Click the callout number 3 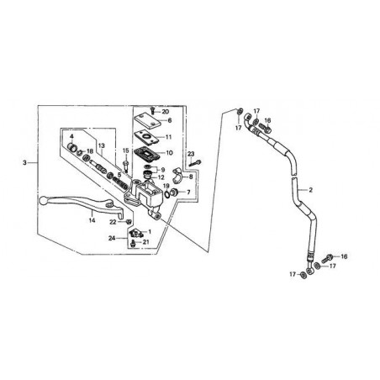tap(24, 162)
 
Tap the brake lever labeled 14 tap(82, 204)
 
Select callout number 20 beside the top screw tap(166, 112)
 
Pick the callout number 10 tap(170, 153)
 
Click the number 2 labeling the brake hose tap(310, 190)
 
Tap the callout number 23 tap(191, 154)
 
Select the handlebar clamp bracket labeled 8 tap(177, 175)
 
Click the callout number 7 tap(188, 193)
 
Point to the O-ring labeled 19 tap(166, 193)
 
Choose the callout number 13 tap(102, 145)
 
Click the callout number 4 tap(71, 136)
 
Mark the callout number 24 tap(112, 239)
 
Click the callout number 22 tap(113, 222)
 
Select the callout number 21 tap(145, 242)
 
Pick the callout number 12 tap(161, 177)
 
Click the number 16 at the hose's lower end tap(344, 256)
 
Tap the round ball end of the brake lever tap(42, 200)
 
